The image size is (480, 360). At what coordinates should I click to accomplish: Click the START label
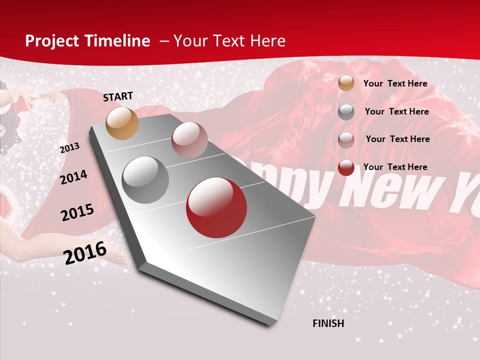click(118, 96)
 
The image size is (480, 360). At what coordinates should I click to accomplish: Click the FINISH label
click(328, 323)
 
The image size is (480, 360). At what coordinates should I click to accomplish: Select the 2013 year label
click(69, 148)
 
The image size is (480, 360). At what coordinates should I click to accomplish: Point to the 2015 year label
click(77, 212)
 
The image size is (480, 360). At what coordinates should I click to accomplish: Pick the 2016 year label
click(85, 252)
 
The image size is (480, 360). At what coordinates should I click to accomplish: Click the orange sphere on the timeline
click(122, 123)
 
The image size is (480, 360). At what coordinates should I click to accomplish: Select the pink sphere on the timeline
click(189, 140)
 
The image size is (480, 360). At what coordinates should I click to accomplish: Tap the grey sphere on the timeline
click(145, 180)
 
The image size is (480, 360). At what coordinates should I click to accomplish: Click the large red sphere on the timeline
click(216, 208)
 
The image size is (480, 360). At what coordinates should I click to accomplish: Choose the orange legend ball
click(346, 83)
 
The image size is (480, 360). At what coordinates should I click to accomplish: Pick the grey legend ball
click(346, 112)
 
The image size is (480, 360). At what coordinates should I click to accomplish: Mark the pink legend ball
click(346, 139)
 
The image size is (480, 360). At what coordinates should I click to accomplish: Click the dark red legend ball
click(346, 167)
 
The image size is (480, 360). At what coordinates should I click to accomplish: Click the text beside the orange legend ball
click(395, 83)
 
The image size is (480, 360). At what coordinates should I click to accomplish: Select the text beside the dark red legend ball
click(395, 167)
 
